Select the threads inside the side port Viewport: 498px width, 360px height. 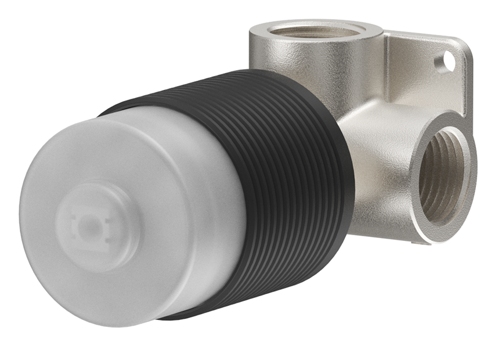pos(441,174)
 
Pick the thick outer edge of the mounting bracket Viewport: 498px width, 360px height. pos(468,87)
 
